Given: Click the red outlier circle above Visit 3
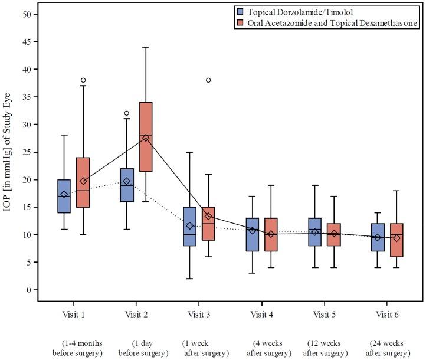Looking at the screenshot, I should click(208, 80).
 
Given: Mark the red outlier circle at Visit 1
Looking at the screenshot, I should click(83, 80).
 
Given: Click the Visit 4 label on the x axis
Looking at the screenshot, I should click(262, 314).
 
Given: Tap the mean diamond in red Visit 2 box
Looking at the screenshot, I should click(146, 138).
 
